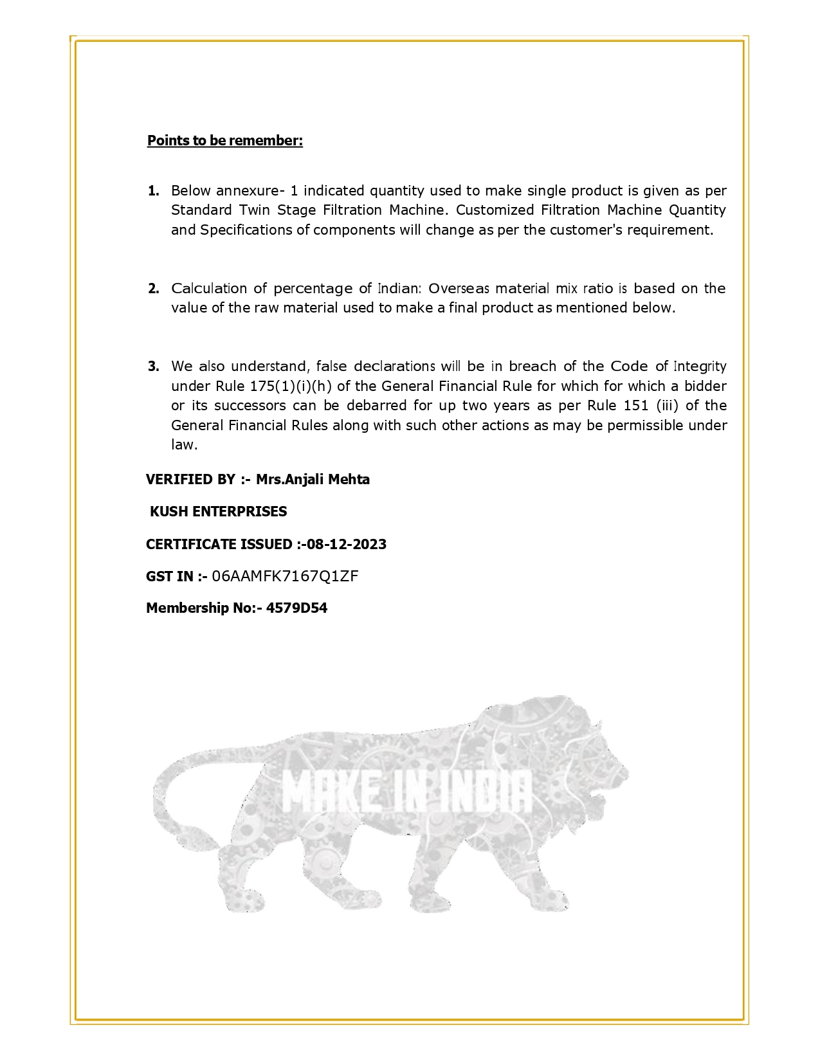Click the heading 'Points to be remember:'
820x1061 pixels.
point(224,140)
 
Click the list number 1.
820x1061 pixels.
point(153,190)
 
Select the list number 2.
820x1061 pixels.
point(153,288)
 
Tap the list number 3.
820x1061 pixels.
point(153,367)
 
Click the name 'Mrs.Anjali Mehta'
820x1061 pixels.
point(313,479)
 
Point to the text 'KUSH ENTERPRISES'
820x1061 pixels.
point(218,511)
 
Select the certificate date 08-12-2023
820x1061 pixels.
point(347,544)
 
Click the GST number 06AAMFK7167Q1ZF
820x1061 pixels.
point(285,576)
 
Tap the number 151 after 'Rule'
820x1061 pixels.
point(636,405)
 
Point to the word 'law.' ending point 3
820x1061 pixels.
point(185,444)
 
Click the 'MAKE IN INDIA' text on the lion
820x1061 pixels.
point(406,792)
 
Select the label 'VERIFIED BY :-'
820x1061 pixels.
point(197,479)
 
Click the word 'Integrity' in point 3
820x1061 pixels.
point(700,367)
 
